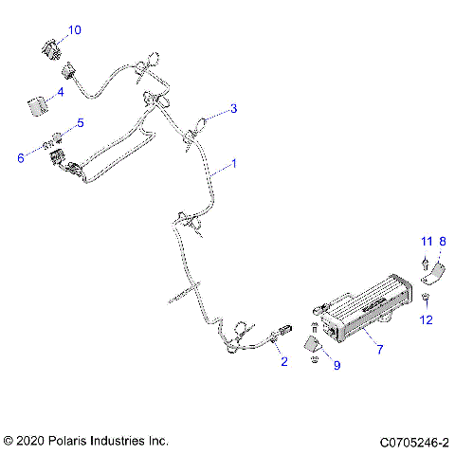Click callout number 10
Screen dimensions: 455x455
(x=74, y=30)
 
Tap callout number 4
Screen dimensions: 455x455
(x=60, y=92)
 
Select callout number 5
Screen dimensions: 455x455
(x=80, y=122)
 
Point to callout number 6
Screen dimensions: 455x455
(x=20, y=157)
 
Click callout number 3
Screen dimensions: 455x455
(x=233, y=108)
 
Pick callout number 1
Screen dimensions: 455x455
(x=233, y=164)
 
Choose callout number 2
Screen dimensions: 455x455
(x=282, y=361)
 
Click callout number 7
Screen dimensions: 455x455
(x=380, y=351)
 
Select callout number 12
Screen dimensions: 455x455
(x=426, y=320)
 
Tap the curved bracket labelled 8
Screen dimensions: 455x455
(x=438, y=274)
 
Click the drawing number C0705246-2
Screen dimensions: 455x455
(x=414, y=442)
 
